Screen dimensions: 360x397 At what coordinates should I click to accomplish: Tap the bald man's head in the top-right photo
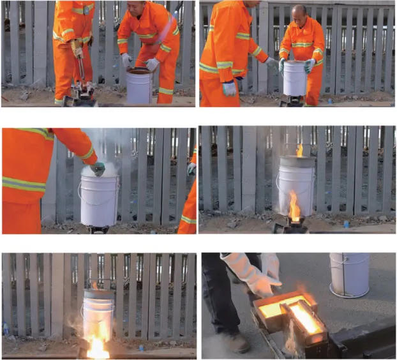tap(299, 11)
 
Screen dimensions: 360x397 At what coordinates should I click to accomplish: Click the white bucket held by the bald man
tap(295, 79)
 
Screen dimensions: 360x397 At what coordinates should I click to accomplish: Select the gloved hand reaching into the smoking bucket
tap(98, 169)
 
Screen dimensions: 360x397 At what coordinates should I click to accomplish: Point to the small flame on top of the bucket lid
tap(299, 151)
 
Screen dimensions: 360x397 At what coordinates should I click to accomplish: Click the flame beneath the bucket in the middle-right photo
tap(294, 207)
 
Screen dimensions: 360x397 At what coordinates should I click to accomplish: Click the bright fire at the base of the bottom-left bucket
tap(97, 345)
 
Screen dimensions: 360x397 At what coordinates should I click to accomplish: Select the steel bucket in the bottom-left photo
tap(98, 310)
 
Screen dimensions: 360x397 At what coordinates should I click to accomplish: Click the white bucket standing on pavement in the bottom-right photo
tap(349, 274)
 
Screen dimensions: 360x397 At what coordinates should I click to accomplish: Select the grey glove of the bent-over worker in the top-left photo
tap(152, 64)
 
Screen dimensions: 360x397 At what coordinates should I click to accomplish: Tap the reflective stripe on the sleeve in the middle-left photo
tap(26, 184)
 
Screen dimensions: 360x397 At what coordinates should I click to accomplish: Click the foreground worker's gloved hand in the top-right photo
tap(229, 88)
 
